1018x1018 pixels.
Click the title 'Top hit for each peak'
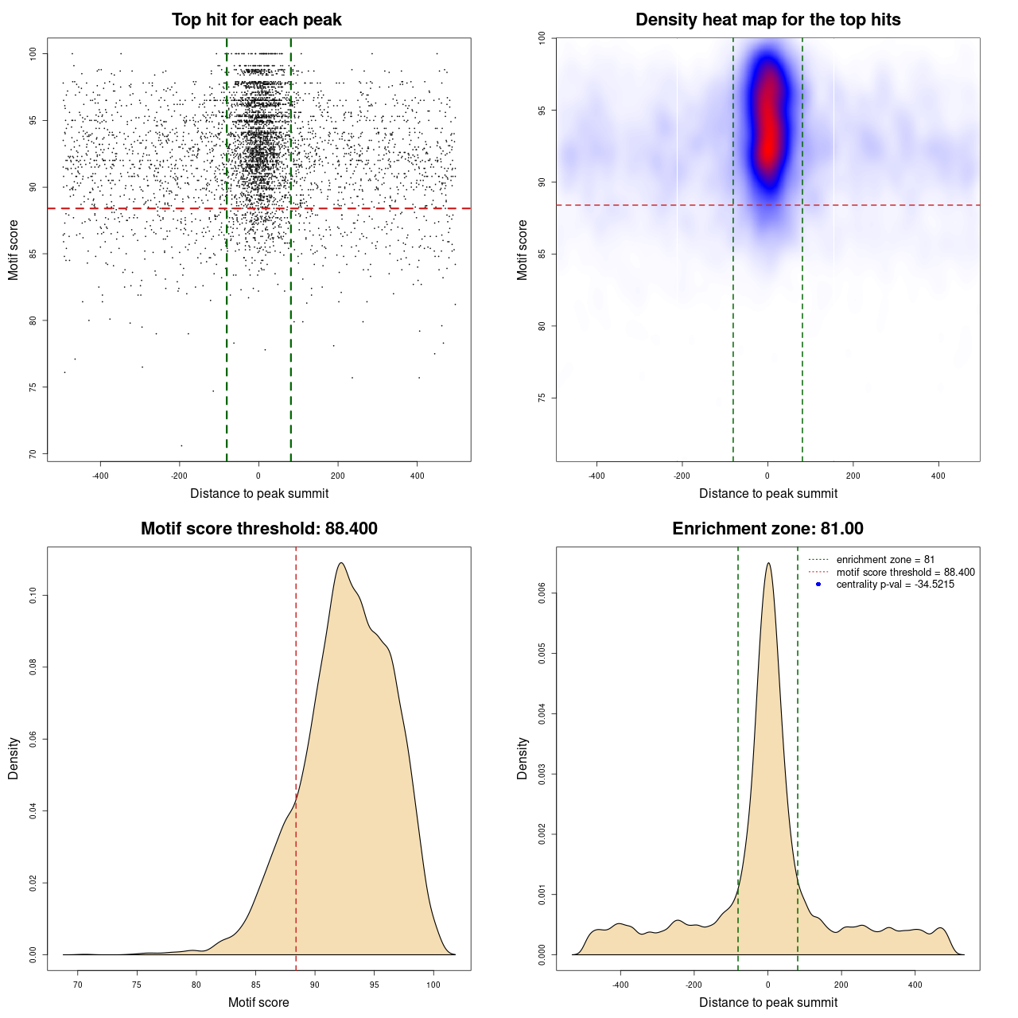pyautogui.click(x=257, y=20)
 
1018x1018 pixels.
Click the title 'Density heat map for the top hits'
pyautogui.click(x=767, y=20)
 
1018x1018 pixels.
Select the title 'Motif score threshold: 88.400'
pyautogui.click(x=258, y=529)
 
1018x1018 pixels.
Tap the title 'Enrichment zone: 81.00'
pyautogui.click(x=767, y=529)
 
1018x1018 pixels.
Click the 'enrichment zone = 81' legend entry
pyautogui.click(x=885, y=560)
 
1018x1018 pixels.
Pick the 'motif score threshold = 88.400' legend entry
pyautogui.click(x=905, y=573)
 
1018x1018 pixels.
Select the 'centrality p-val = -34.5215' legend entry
pyautogui.click(x=895, y=585)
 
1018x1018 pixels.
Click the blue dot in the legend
pyautogui.click(x=818, y=585)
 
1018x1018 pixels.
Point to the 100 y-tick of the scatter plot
pyautogui.click(x=33, y=53)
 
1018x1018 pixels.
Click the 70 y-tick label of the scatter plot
pyautogui.click(x=33, y=454)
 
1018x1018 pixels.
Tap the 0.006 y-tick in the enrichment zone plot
pyautogui.click(x=542, y=593)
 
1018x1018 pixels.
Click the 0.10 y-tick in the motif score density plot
pyautogui.click(x=33, y=596)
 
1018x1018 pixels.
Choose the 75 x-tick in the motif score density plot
pyautogui.click(x=137, y=985)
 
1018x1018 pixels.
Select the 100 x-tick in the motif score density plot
pyautogui.click(x=433, y=985)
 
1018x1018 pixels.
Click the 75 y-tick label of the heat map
pyautogui.click(x=542, y=398)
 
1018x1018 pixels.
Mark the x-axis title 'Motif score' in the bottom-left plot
pyautogui.click(x=258, y=1002)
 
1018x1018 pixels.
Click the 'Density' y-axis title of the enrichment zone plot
pyautogui.click(x=523, y=758)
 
